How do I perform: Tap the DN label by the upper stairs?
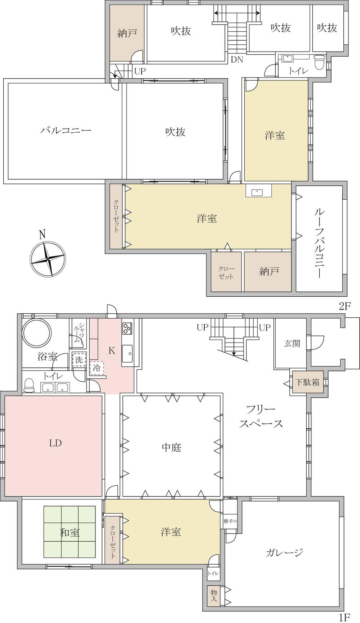(x=237, y=60)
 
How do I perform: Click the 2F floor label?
(x=345, y=306)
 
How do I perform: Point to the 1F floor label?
(x=345, y=617)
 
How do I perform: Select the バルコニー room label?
(x=66, y=130)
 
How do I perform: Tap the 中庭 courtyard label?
(x=171, y=447)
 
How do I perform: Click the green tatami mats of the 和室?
(x=70, y=532)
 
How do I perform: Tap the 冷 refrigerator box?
(x=97, y=368)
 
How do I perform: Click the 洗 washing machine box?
(x=79, y=359)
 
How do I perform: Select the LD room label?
(x=55, y=443)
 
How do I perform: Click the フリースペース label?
(x=261, y=416)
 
